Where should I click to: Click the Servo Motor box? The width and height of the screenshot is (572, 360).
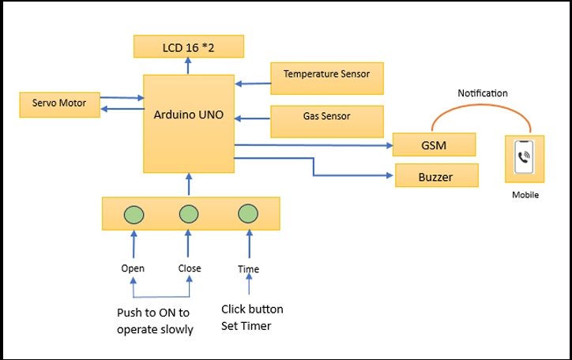pos(60,103)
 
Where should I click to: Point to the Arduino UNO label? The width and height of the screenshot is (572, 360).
pos(189,114)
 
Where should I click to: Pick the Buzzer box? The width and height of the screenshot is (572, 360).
pos(436,176)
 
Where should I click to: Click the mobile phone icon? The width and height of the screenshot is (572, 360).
pos(523,158)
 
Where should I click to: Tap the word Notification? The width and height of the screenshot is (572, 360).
pos(482,93)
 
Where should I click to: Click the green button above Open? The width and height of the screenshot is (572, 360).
pos(134,213)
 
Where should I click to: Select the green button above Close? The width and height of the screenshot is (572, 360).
pos(188,213)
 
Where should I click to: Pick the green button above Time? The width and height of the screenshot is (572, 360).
pos(248,213)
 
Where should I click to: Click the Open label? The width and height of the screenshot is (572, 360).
pos(133,268)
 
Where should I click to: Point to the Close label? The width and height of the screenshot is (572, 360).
pos(190,268)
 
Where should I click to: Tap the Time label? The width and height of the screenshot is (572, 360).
pos(248,269)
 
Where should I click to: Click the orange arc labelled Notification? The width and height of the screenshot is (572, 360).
pos(482,108)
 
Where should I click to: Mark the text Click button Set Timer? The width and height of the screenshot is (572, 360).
pos(252,317)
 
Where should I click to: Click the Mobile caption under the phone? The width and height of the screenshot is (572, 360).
pos(525,195)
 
